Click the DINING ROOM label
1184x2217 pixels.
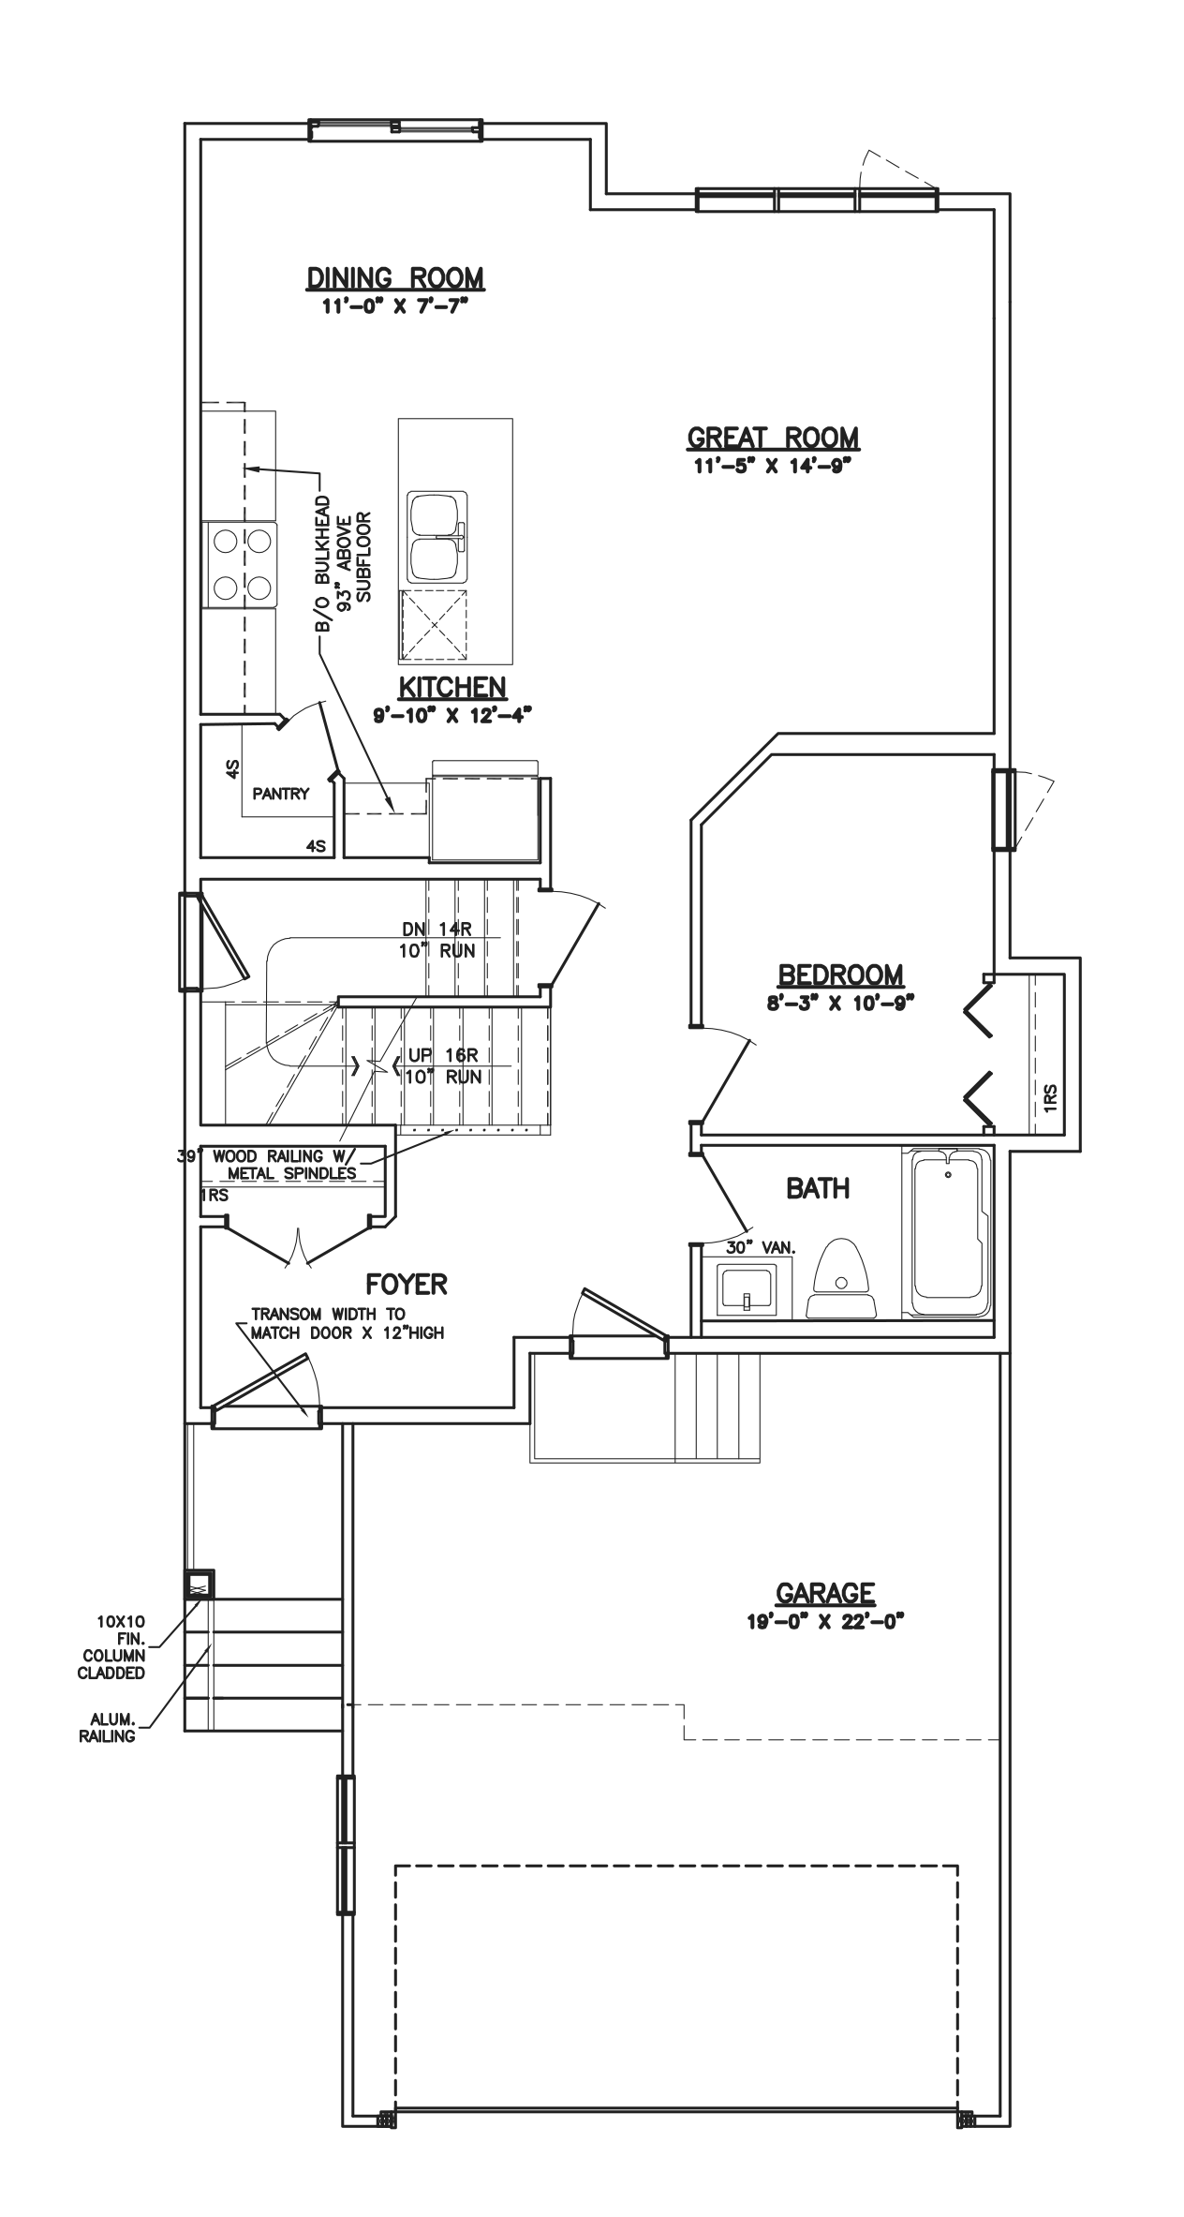[x=396, y=277]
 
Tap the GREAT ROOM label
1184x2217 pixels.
[x=773, y=438]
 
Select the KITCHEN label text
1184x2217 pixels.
[x=452, y=687]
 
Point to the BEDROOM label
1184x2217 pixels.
[x=840, y=975]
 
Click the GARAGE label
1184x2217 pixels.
[x=825, y=1593]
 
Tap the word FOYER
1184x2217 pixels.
[x=407, y=1284]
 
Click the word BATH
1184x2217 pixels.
[x=818, y=1189]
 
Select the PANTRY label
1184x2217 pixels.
[x=280, y=794]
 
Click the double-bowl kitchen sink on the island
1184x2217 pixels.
[x=437, y=536]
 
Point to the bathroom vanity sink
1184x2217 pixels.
[x=746, y=1290]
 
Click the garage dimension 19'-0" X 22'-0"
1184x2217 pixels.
[x=825, y=1621]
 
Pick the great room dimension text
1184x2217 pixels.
[x=773, y=466]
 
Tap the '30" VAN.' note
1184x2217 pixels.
[x=761, y=1248]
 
